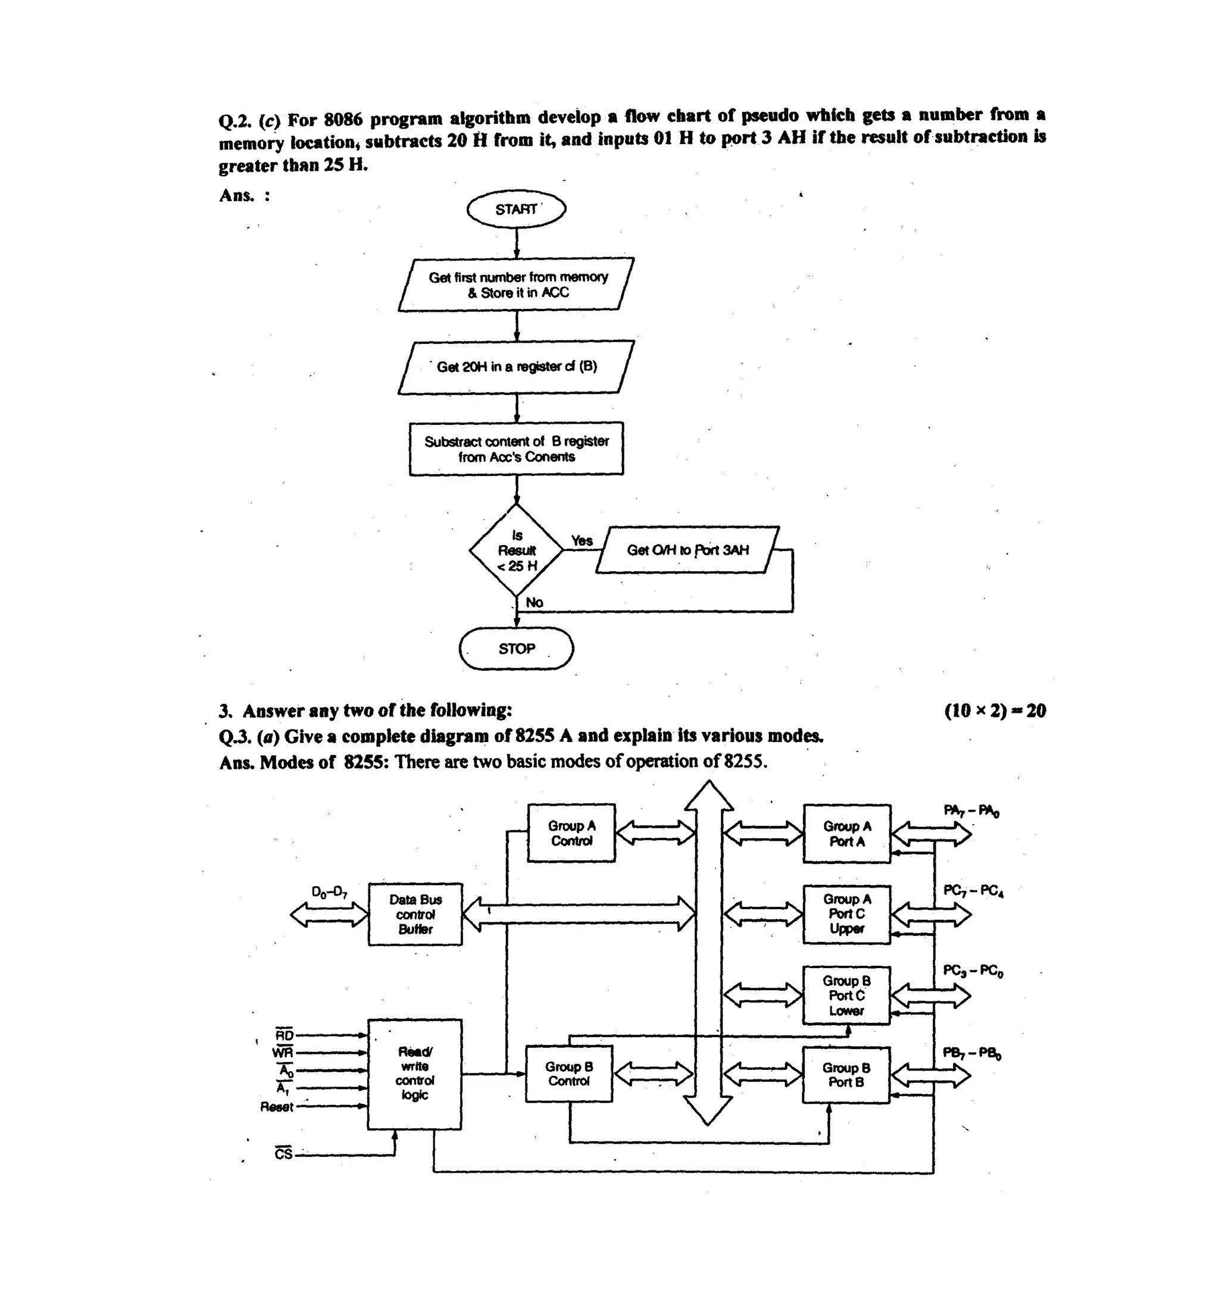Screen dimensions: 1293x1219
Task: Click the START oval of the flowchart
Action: [517, 209]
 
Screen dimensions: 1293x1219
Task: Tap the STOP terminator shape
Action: [517, 649]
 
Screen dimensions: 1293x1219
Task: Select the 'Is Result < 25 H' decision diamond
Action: [517, 550]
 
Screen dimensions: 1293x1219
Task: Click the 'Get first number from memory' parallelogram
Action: [517, 285]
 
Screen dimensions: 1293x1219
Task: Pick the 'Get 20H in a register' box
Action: [517, 367]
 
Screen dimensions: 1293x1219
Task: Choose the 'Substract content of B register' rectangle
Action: [517, 449]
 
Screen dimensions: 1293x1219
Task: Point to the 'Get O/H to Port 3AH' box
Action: [687, 550]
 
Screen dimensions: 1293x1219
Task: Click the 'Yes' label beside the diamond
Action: [582, 540]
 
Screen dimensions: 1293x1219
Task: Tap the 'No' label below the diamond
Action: [534, 602]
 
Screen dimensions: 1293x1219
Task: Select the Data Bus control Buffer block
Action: [415, 914]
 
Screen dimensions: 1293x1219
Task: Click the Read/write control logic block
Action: [414, 1074]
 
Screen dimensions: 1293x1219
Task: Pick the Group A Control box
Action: [571, 833]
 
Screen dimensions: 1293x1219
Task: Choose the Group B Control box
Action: [568, 1074]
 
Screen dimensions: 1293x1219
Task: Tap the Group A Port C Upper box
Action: [846, 914]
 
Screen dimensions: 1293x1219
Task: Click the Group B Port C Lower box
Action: [846, 995]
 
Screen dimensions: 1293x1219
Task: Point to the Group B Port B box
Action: [846, 1075]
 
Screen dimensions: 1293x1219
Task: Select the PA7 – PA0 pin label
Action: [971, 810]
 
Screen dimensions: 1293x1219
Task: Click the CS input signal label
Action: [283, 1154]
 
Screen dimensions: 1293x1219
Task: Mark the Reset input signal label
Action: [276, 1106]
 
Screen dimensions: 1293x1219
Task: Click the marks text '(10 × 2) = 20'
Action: [995, 710]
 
